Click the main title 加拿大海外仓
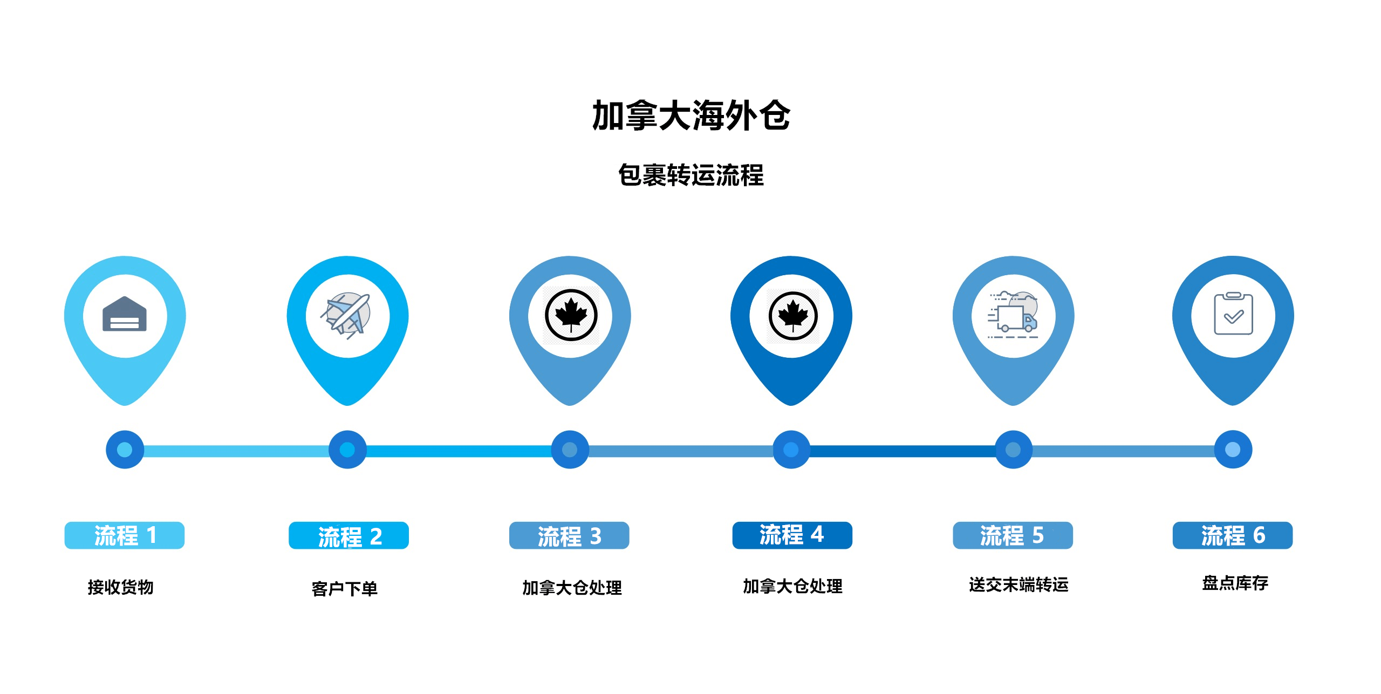(x=690, y=115)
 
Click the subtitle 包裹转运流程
(x=690, y=175)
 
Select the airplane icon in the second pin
(x=347, y=315)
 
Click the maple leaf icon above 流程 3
(x=571, y=315)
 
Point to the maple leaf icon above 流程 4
(x=792, y=316)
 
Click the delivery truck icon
(x=1013, y=315)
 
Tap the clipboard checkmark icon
(x=1233, y=315)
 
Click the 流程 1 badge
(x=125, y=535)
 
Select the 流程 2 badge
(x=348, y=536)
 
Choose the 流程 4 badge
(x=792, y=535)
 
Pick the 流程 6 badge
(x=1233, y=535)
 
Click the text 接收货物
(x=121, y=587)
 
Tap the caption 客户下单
(x=345, y=588)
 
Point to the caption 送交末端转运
(x=1018, y=584)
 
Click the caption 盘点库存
(x=1235, y=583)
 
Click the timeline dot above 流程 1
(x=125, y=450)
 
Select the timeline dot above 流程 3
(x=570, y=450)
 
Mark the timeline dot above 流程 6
(x=1233, y=450)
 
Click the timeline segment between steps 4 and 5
(x=902, y=451)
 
